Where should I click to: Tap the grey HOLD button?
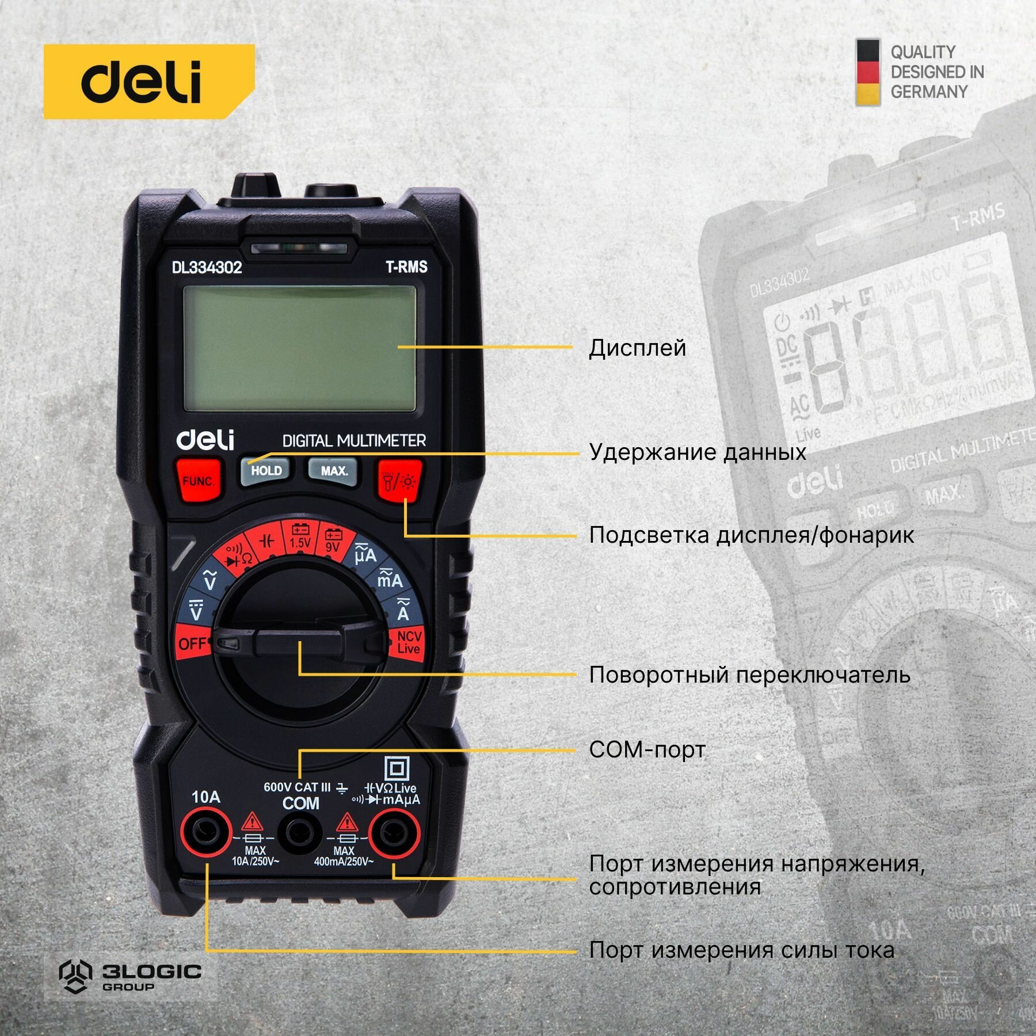coord(266,470)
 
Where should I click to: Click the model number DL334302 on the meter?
coord(207,268)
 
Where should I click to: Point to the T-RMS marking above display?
coord(406,266)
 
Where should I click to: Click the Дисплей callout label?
coord(637,348)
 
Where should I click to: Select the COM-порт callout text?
coord(647,749)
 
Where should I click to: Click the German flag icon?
coord(867,73)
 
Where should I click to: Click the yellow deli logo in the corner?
coord(148,81)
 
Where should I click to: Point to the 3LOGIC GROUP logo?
coord(131,973)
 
